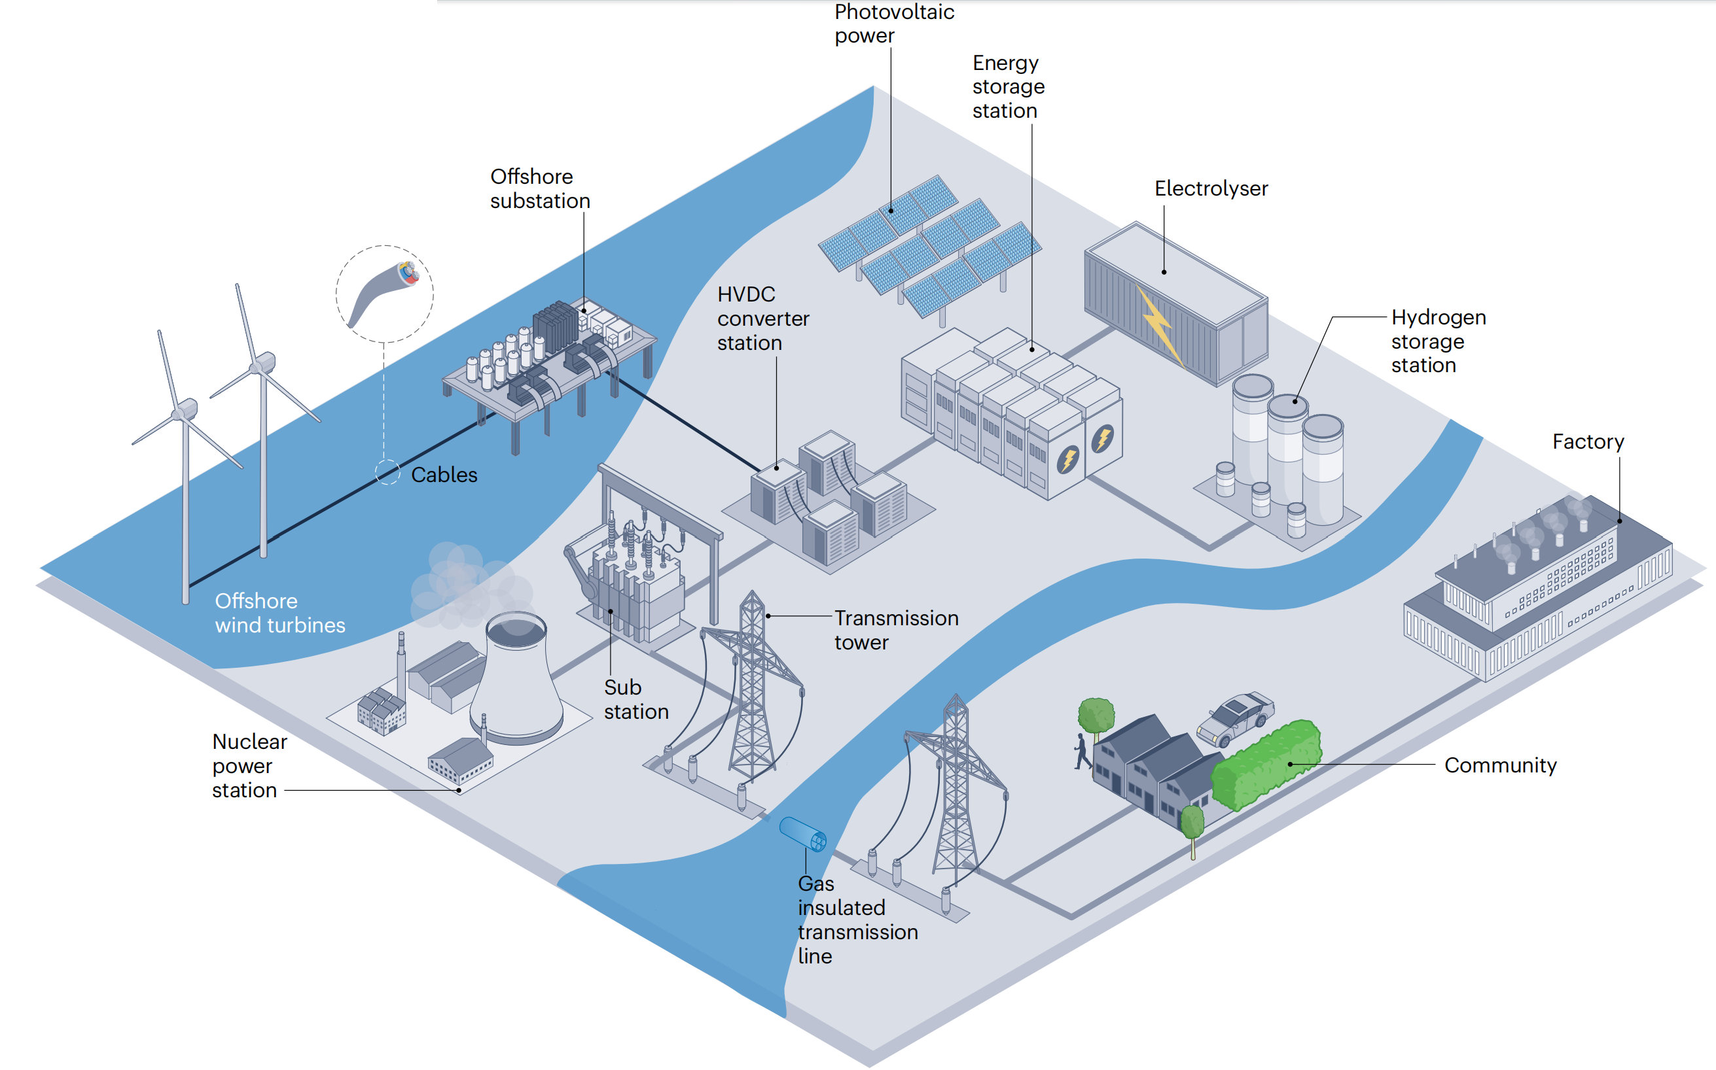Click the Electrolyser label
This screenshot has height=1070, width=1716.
1211,188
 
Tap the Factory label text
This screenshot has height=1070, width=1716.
1588,441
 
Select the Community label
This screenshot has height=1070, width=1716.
1500,765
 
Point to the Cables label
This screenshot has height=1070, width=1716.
444,474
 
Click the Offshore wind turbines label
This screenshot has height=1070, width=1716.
279,613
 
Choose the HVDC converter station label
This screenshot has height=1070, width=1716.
762,319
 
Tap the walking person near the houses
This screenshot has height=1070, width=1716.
1082,751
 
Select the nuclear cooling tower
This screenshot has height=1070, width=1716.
516,680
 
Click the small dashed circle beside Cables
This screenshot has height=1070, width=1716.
387,472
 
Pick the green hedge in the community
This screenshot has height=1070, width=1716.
1266,765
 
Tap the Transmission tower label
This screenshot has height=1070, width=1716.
895,630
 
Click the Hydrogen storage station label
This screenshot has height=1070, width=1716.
1438,341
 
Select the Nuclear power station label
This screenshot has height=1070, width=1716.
249,766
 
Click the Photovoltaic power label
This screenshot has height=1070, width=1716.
893,24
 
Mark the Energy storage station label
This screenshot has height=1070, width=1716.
1007,86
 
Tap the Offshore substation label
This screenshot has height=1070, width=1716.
539,188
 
